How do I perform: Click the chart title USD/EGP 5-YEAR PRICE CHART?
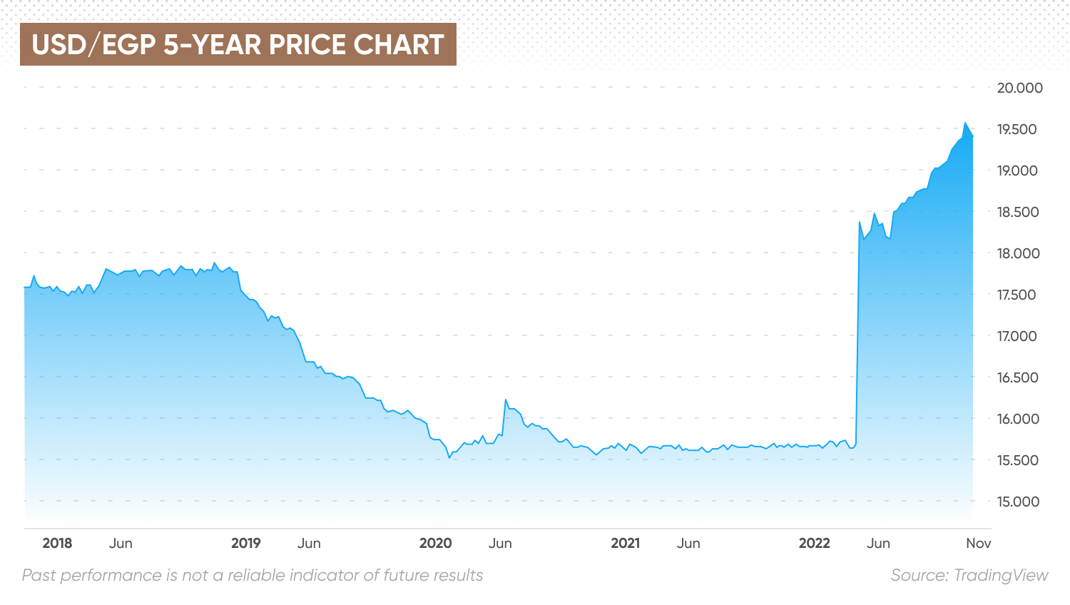point(238,44)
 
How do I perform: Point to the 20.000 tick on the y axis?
point(1019,88)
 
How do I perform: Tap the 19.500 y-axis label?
point(1017,129)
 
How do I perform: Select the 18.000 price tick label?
point(1018,253)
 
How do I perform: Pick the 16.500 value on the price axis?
point(1018,377)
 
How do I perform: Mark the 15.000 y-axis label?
point(1018,502)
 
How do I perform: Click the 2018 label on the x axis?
point(57,543)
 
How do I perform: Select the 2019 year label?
point(246,543)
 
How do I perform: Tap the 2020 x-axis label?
point(435,543)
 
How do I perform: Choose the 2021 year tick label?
point(625,543)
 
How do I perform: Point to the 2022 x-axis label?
point(814,543)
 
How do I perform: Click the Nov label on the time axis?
point(978,543)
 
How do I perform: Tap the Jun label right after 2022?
point(878,543)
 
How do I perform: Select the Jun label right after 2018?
point(121,543)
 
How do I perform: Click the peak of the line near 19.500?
point(965,123)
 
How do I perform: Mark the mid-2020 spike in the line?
point(505,400)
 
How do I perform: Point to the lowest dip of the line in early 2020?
point(449,458)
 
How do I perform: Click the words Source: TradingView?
point(969,575)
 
